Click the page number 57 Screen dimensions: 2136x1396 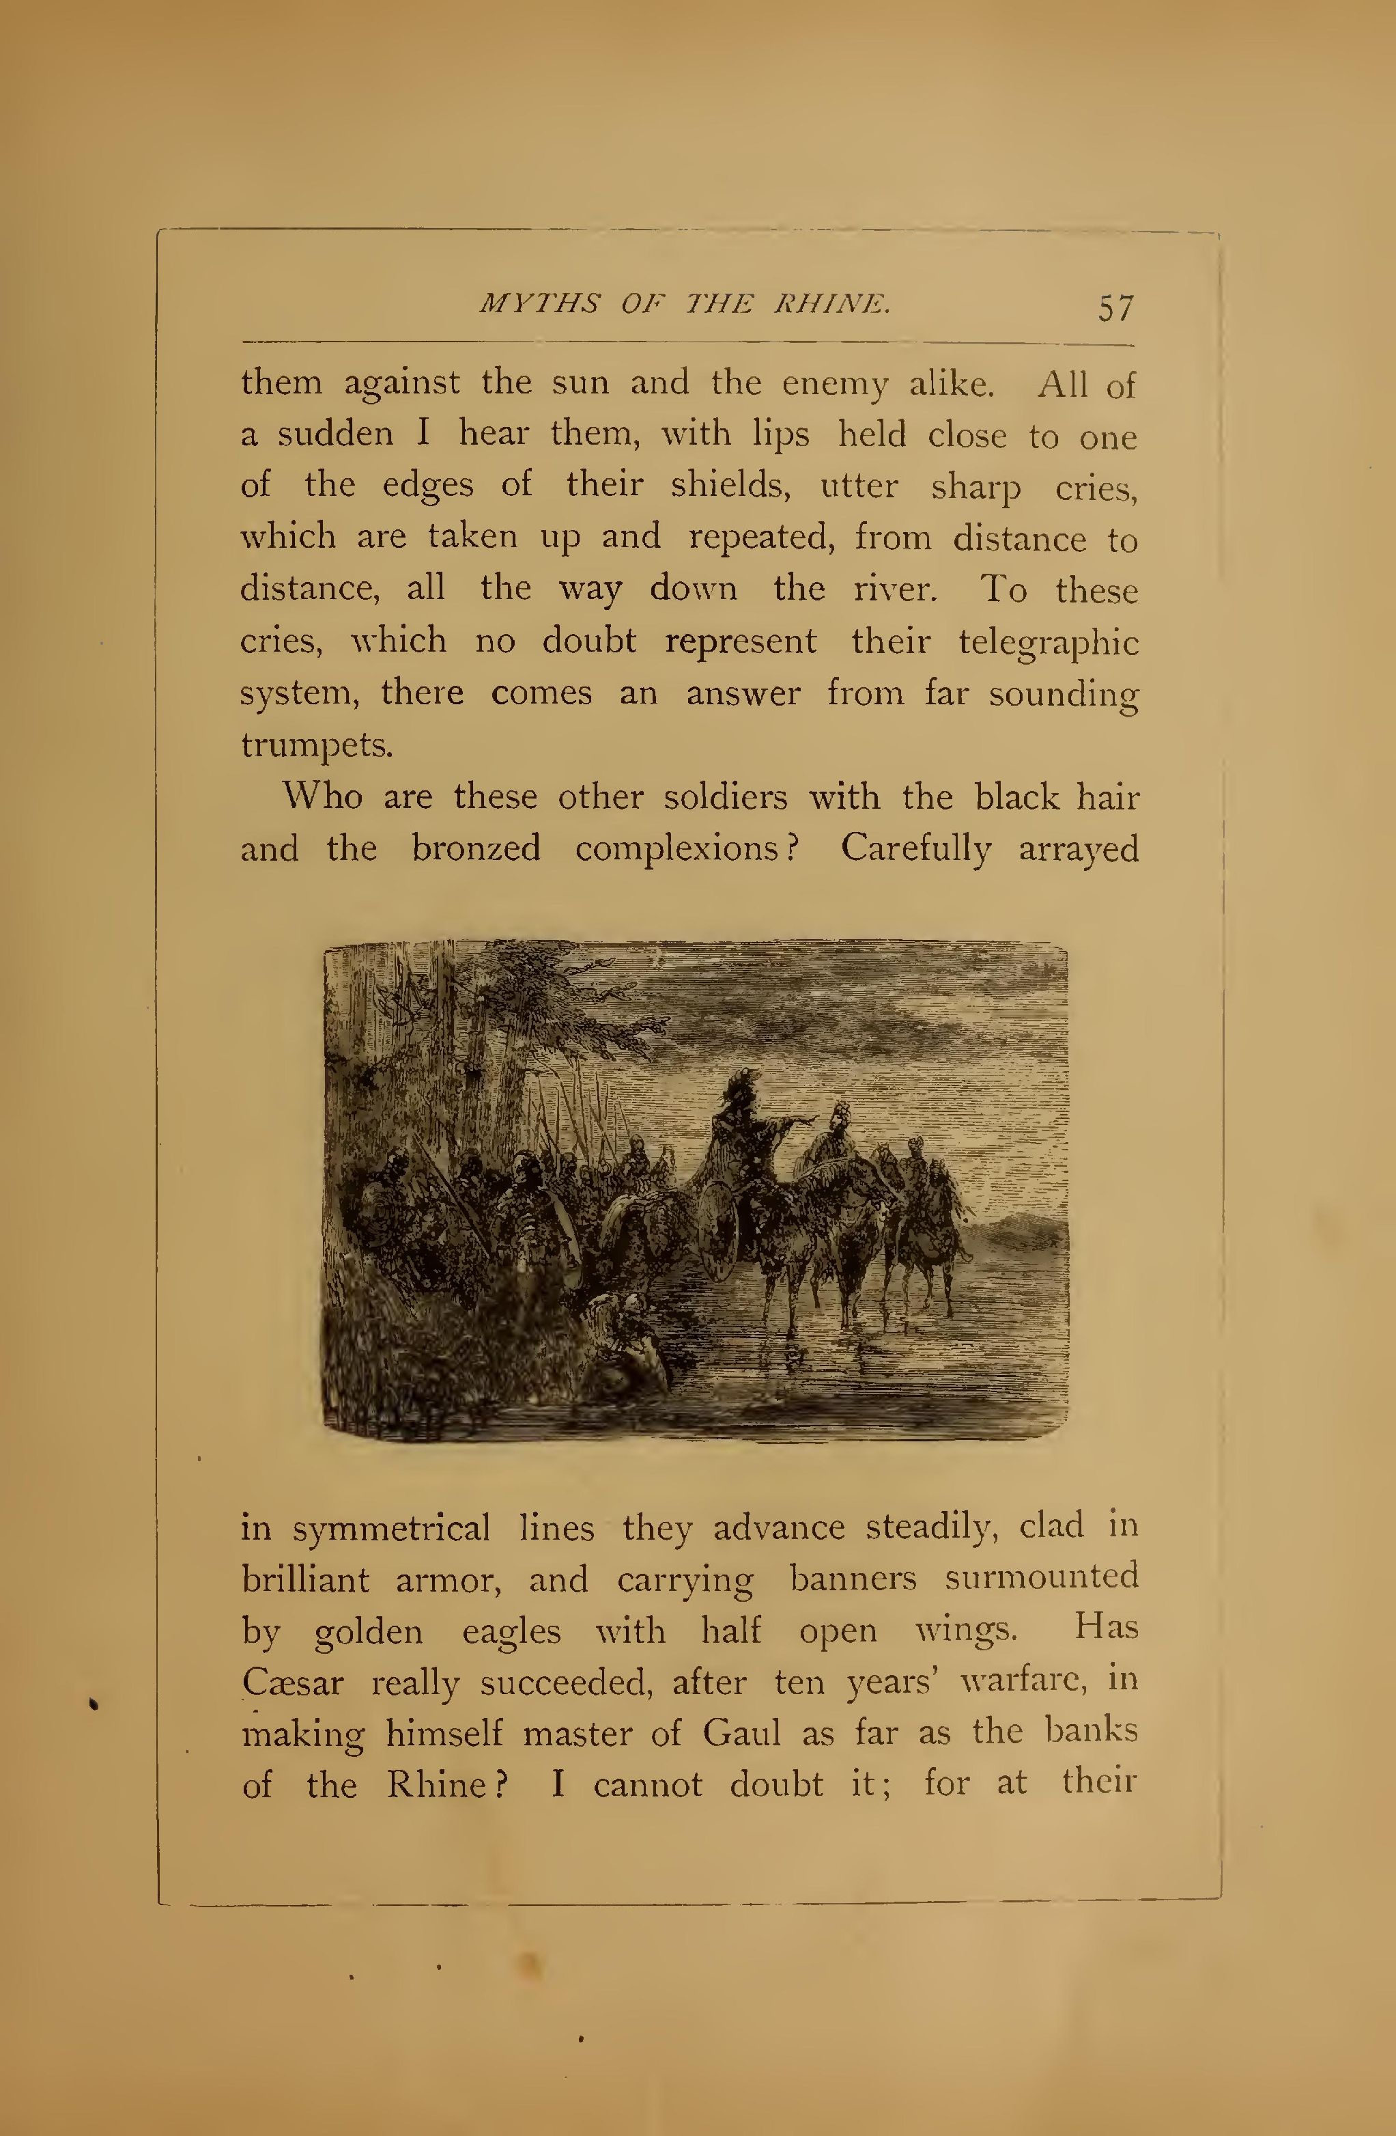[x=1116, y=308]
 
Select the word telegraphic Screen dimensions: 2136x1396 [x=1048, y=643]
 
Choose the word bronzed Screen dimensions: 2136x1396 [x=476, y=849]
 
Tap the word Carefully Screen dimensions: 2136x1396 [x=915, y=849]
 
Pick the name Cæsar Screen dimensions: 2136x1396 [x=292, y=1682]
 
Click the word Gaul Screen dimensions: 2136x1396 [x=742, y=1733]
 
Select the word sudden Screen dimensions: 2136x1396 [x=334, y=434]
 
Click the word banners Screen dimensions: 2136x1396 [x=853, y=1579]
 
